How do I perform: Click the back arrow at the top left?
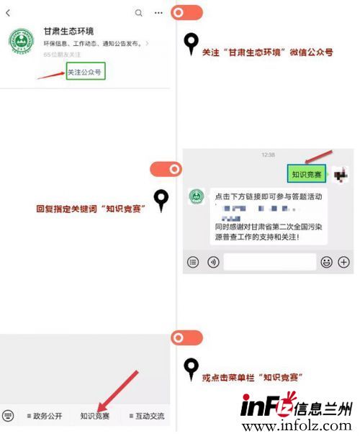(8, 13)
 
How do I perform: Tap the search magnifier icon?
(138, 13)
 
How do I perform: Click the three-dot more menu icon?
(158, 13)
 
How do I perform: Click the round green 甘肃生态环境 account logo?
(21, 41)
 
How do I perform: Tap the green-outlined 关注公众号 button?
(86, 72)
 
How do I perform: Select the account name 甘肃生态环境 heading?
(68, 31)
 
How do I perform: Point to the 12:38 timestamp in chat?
(268, 155)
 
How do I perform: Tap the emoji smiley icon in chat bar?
(326, 262)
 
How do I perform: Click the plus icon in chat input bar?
(343, 262)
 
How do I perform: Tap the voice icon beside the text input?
(212, 262)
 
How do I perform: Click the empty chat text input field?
(269, 262)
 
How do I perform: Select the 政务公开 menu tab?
(45, 416)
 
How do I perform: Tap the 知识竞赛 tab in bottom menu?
(95, 416)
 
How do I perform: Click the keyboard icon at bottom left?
(9, 416)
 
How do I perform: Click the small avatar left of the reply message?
(196, 196)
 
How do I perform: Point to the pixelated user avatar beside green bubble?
(341, 173)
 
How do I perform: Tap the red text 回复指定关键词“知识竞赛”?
(91, 209)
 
